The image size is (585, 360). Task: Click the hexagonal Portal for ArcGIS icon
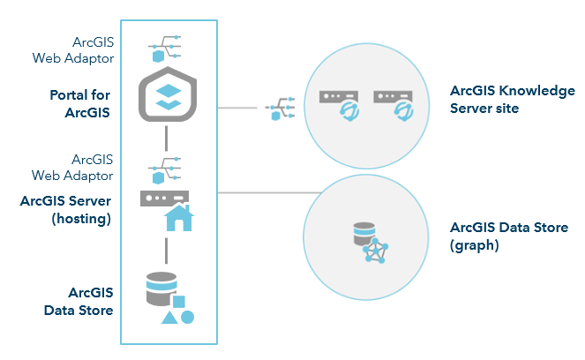[x=167, y=96]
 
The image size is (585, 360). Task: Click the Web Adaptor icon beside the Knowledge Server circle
[x=278, y=109]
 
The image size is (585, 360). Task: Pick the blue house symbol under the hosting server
[x=178, y=216]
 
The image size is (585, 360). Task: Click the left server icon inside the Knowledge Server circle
[x=338, y=101]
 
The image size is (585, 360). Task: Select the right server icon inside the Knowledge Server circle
[x=394, y=101]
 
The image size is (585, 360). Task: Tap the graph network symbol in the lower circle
[x=377, y=251]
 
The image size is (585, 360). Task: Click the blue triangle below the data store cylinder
[x=169, y=316]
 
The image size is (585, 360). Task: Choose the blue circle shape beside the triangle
[x=187, y=316]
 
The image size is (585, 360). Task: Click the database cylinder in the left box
[x=161, y=287]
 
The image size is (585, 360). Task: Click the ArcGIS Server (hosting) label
[x=66, y=209]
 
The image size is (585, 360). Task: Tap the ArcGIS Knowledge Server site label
[x=512, y=99]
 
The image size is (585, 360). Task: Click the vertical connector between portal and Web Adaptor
[x=166, y=139]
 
